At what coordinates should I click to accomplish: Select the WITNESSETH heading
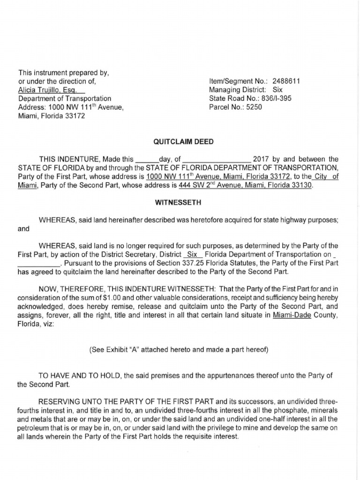178,202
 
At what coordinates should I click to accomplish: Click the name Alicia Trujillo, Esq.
51,90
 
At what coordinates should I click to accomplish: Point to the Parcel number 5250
252,107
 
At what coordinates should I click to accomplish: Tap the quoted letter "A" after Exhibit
131,350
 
